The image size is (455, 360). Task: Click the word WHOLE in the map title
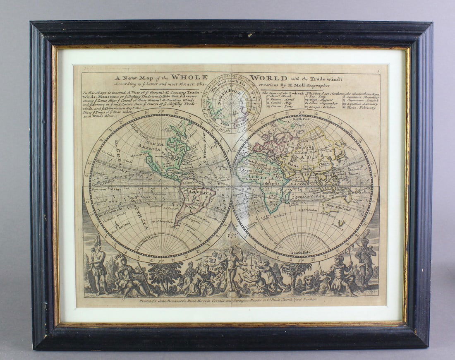190,77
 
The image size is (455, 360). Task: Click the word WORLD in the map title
269,78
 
